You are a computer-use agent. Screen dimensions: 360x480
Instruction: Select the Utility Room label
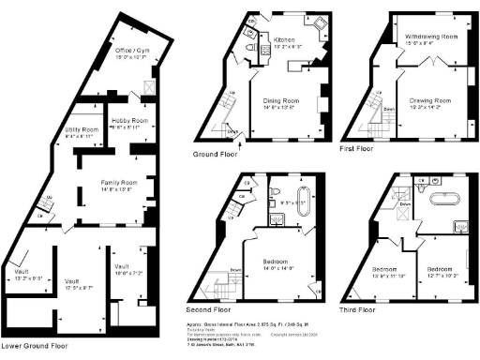pyautogui.click(x=82, y=129)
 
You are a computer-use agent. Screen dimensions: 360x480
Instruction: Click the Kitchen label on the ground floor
pyautogui.click(x=284, y=40)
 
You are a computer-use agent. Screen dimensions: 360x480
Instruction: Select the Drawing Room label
pyautogui.click(x=431, y=100)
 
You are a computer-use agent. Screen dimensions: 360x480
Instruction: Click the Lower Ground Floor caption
pyautogui.click(x=35, y=346)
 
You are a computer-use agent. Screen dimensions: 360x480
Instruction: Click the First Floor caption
pyautogui.click(x=357, y=148)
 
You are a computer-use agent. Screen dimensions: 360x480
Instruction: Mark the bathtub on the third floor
pyautogui.click(x=440, y=199)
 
